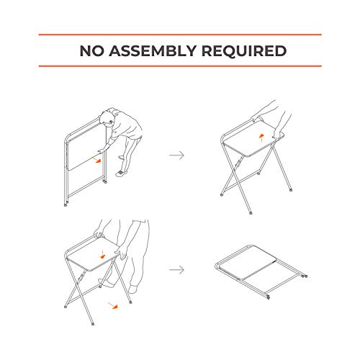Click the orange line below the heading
point(180,67)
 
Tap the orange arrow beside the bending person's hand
point(96,161)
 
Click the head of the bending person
point(108,117)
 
